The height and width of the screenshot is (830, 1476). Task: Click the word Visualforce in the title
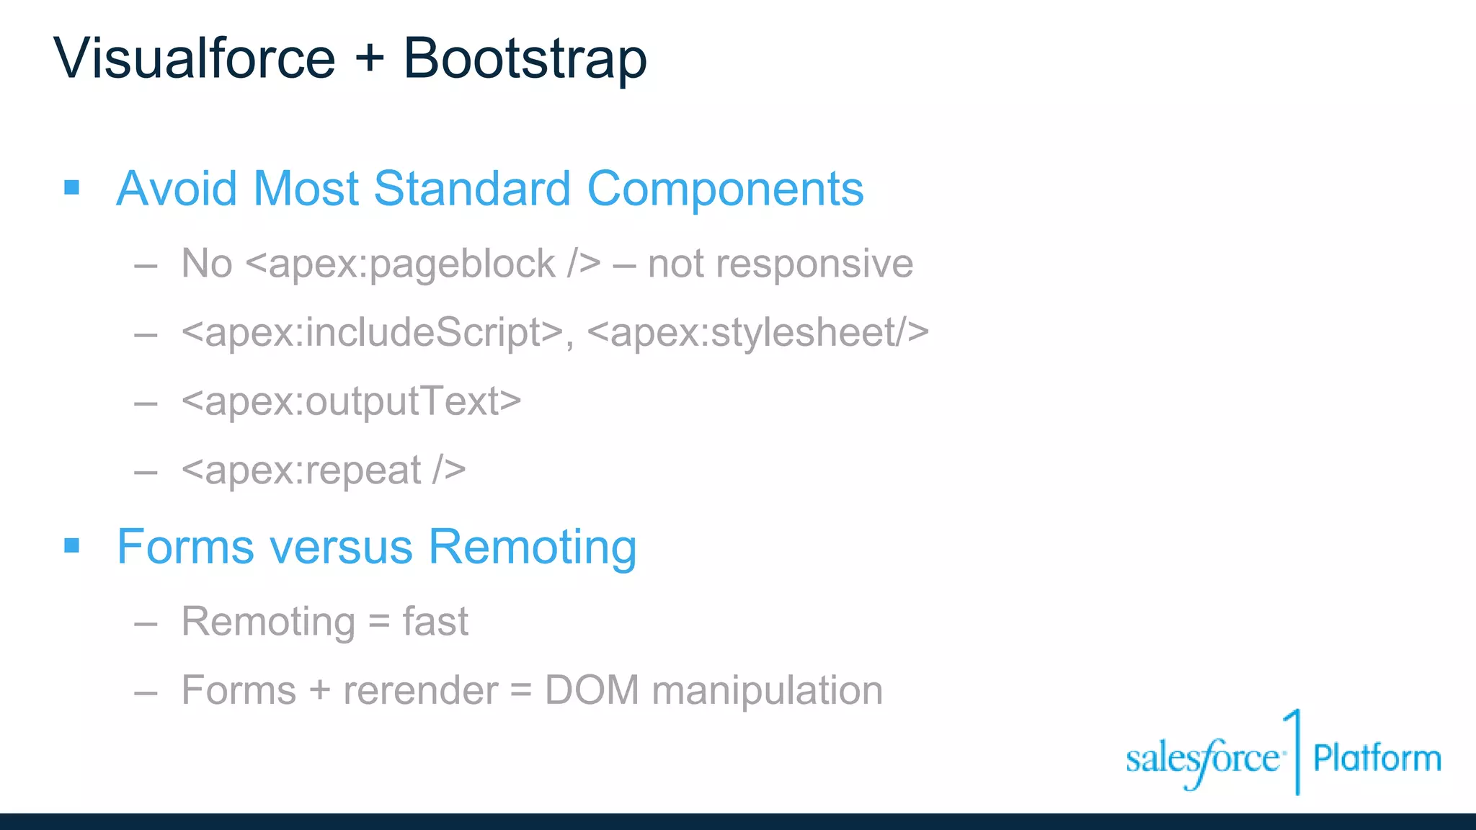pyautogui.click(x=195, y=58)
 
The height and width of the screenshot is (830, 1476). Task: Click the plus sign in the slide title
pyautogui.click(x=369, y=58)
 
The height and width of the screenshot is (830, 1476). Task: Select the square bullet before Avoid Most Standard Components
pyautogui.click(x=71, y=188)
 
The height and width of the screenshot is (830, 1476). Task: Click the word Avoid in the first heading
pyautogui.click(x=177, y=189)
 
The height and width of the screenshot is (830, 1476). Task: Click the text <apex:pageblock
pyautogui.click(x=401, y=264)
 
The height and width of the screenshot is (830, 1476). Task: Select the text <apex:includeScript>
pyautogui.click(x=372, y=333)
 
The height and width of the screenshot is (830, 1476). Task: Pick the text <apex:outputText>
pyautogui.click(x=351, y=401)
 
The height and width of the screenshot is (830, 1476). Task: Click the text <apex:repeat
pyautogui.click(x=301, y=470)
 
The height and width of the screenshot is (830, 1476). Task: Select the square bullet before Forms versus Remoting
pyautogui.click(x=71, y=545)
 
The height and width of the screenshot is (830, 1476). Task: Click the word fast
pyautogui.click(x=435, y=621)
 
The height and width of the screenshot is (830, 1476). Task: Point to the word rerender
pyautogui.click(x=420, y=690)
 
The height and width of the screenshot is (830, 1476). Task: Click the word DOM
pyautogui.click(x=592, y=690)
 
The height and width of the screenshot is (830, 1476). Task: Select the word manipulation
pyautogui.click(x=767, y=692)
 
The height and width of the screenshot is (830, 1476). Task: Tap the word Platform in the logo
pyautogui.click(x=1377, y=759)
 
